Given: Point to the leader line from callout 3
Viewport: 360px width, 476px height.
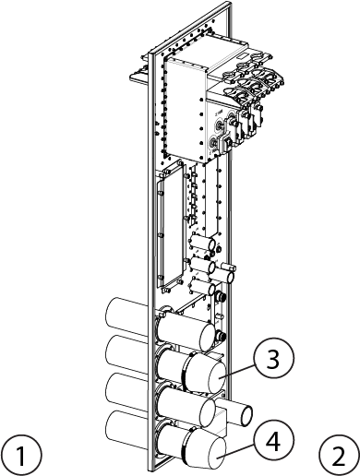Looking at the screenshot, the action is tap(237, 371).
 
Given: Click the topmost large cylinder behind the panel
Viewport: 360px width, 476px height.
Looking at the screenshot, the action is tap(126, 315).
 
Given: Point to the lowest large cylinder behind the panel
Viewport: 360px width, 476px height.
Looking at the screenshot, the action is tap(126, 429).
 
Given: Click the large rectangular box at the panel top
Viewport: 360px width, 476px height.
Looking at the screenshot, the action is tap(186, 109).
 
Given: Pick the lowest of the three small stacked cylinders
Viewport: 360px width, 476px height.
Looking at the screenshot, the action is tap(203, 286).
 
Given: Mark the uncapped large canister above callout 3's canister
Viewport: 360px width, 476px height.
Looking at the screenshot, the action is tap(186, 332).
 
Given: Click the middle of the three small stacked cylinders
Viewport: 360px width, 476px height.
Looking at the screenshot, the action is tap(203, 265).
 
